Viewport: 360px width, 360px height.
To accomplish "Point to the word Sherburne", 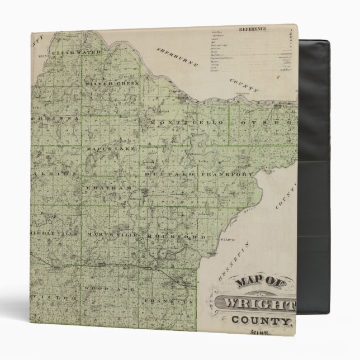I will pos(178,58).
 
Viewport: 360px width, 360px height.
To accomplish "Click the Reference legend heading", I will pos(252,29).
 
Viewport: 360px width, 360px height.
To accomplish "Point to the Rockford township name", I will pos(169,236).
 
